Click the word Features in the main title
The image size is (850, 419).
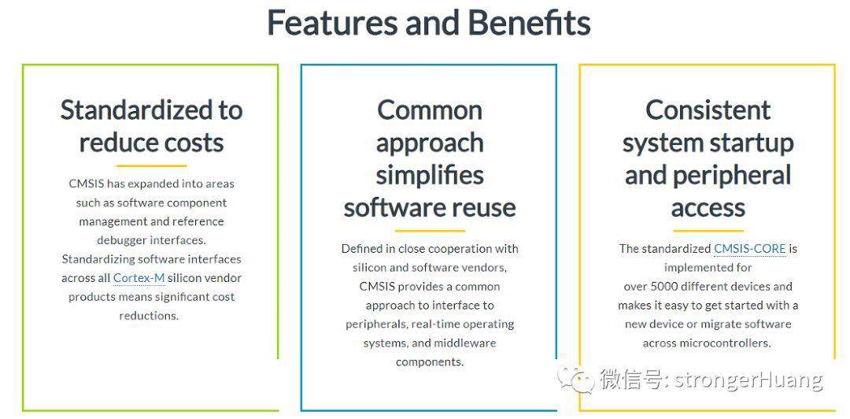point(332,23)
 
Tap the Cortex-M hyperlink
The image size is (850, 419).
point(139,279)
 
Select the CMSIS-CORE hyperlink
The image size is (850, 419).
point(750,249)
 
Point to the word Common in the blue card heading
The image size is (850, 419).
point(430,110)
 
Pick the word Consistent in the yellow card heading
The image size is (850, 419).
point(708,110)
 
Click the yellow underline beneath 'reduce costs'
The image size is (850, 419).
point(151,165)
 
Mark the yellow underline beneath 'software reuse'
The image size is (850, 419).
point(430,231)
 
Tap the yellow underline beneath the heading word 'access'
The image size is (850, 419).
point(708,231)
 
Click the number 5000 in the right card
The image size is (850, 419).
point(664,287)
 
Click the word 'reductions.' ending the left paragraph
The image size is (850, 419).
point(149,316)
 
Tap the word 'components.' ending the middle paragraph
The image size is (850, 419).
point(430,362)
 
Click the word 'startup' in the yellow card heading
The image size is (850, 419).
point(752,143)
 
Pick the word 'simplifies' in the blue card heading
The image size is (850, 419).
point(430,176)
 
